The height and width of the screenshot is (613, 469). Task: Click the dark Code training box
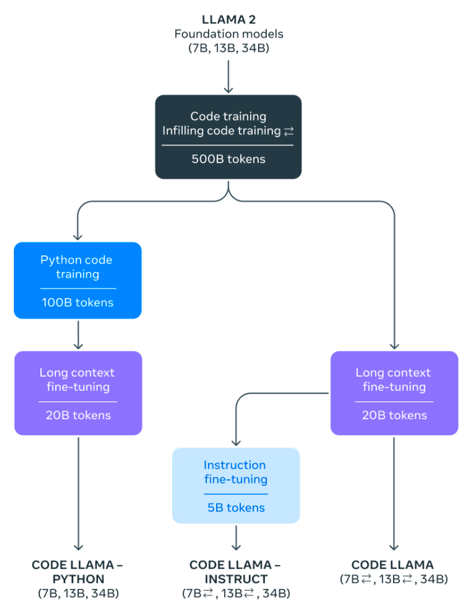228,137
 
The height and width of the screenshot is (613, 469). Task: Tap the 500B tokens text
228,159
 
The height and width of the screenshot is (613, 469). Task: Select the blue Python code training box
78,280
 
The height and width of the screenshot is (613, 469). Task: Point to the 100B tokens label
78,302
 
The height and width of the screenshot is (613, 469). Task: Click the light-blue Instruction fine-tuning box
236,486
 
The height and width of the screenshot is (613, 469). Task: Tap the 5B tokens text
236,507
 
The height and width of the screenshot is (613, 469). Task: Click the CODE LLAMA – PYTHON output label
78,571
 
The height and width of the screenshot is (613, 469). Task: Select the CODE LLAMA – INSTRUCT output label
236,571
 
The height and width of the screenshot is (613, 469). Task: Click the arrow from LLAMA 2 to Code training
228,75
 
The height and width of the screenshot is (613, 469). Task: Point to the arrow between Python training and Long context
78,334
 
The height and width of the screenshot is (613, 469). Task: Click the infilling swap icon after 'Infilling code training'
289,131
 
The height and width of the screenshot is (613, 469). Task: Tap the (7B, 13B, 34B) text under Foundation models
228,48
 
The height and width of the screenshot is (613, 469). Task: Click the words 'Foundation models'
228,34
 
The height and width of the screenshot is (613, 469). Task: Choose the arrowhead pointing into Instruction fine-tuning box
236,443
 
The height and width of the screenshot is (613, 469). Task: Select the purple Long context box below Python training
78,393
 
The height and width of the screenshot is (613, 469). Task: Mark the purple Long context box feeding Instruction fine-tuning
394,393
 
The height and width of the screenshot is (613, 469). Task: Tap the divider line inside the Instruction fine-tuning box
236,494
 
